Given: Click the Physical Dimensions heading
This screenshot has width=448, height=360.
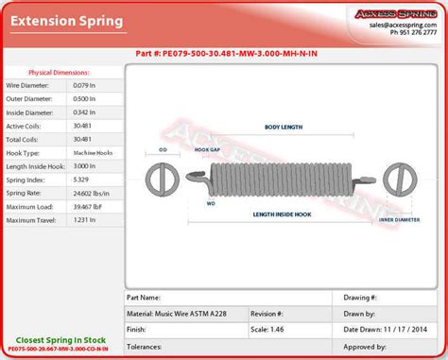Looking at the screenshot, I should pyautogui.click(x=60, y=72).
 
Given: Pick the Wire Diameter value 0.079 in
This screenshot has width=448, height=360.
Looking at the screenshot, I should pyautogui.click(x=85, y=86).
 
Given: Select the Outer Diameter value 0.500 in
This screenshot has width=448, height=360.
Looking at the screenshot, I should pyautogui.click(x=85, y=99).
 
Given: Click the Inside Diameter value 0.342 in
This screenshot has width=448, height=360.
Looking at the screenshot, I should pyautogui.click(x=85, y=112).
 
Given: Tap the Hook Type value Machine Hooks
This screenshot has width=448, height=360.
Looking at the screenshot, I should pyautogui.click(x=93, y=152).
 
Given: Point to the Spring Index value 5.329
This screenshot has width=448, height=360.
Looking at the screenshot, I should pyautogui.click(x=83, y=179).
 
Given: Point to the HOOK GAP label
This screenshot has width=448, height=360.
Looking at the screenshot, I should pyautogui.click(x=207, y=149).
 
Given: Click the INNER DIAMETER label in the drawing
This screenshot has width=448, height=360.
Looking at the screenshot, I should pyautogui.click(x=399, y=218).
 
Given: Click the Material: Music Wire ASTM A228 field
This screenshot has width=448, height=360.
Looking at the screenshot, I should pyautogui.click(x=183, y=312).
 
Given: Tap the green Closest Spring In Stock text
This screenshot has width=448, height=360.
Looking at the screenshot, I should pyautogui.click(x=61, y=338).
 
